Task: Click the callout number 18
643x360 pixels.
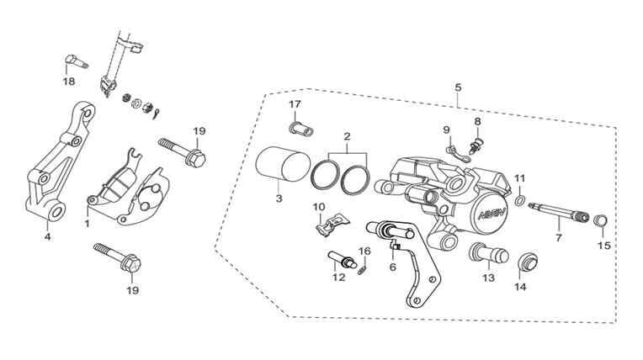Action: [69, 82]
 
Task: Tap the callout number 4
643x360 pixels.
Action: [48, 237]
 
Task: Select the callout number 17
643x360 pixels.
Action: [295, 104]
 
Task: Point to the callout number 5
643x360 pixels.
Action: [458, 87]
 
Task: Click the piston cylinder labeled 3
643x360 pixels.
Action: [281, 164]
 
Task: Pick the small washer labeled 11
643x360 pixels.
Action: [519, 201]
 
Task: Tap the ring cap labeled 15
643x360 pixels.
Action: [601, 220]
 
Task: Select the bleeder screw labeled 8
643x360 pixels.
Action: [476, 146]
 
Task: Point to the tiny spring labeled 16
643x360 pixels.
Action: [362, 270]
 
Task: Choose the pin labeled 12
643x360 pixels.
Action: [343, 260]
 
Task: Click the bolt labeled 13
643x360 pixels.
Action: [488, 254]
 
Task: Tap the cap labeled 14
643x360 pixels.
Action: [526, 262]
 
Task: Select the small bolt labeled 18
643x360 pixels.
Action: [77, 61]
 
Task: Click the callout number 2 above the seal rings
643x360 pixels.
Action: [347, 136]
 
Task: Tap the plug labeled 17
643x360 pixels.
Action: [301, 129]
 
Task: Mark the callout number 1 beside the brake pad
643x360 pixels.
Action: [87, 224]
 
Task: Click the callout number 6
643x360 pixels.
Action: [393, 267]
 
